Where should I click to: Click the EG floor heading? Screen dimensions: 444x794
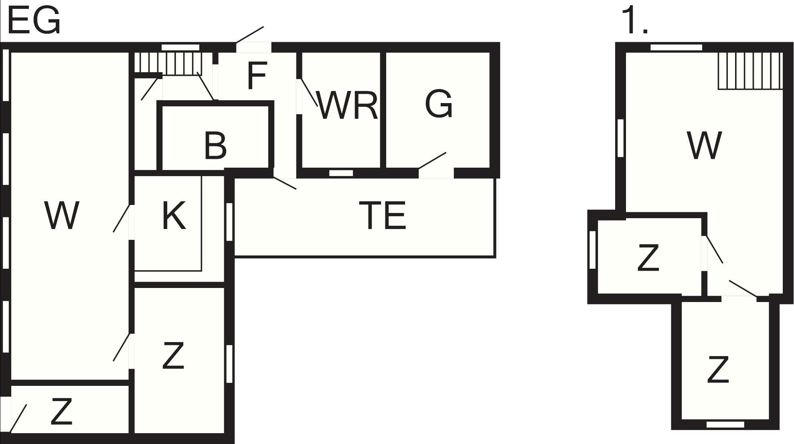[34, 21]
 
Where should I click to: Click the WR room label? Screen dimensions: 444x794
[347, 105]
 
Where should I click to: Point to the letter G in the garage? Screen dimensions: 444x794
[439, 104]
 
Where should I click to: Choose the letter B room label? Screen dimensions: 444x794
[215, 145]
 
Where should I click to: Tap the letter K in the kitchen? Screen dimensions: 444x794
[174, 215]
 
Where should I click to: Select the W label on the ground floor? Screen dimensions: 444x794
[61, 215]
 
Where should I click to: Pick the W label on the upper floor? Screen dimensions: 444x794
[704, 145]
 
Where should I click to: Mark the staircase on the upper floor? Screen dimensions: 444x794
[750, 71]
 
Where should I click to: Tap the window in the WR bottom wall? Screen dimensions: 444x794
[341, 173]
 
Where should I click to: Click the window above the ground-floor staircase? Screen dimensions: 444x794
[180, 47]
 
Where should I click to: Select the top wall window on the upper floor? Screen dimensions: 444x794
[676, 47]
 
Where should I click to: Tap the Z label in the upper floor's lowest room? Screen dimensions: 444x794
[717, 369]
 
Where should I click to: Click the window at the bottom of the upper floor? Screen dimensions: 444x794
[725, 424]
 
